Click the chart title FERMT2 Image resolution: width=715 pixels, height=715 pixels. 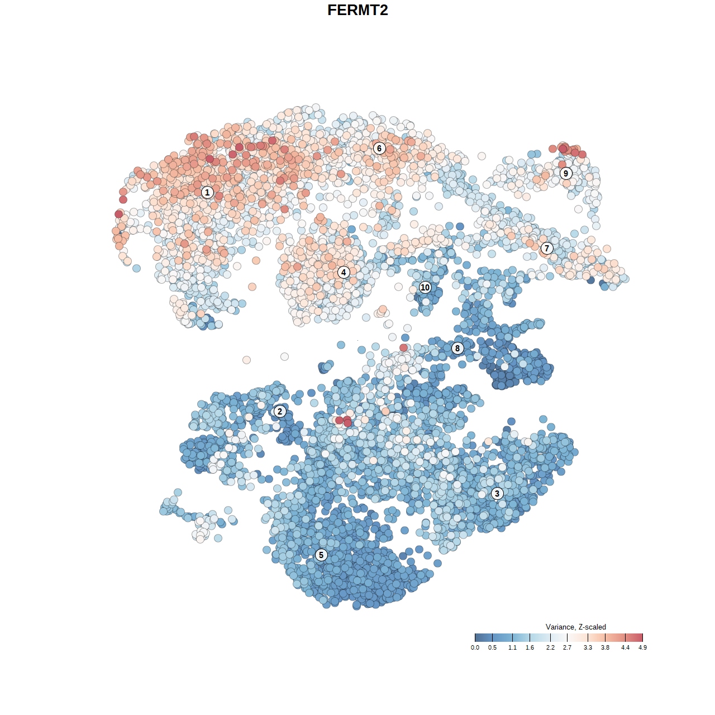point(357,10)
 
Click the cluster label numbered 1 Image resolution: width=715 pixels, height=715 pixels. point(207,192)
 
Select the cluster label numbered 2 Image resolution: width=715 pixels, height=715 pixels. point(280,412)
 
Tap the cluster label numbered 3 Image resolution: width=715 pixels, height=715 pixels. point(497,493)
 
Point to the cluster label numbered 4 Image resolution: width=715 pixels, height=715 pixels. point(344,272)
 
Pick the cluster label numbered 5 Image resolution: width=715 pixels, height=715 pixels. point(321,555)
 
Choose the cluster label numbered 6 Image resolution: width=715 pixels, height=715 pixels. point(379,148)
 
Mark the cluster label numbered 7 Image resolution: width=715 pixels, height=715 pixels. point(547,248)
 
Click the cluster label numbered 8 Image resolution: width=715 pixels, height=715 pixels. point(457,348)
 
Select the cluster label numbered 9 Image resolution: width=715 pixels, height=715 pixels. point(566,173)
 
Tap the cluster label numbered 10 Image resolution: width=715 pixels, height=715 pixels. point(425,287)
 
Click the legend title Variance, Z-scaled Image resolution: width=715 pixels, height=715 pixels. point(575,627)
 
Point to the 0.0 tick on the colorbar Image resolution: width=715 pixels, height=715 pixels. point(475,637)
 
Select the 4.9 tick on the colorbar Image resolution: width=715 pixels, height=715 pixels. point(642,637)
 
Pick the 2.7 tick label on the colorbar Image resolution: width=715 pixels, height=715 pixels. point(567,647)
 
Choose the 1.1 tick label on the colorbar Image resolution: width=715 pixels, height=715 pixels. point(512,647)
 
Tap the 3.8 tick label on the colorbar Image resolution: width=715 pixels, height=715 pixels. point(605,647)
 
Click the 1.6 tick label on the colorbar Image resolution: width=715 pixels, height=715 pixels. point(530,647)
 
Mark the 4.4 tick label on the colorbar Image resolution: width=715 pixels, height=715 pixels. point(625,647)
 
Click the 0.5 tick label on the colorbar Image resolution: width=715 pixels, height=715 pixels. point(492,647)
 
